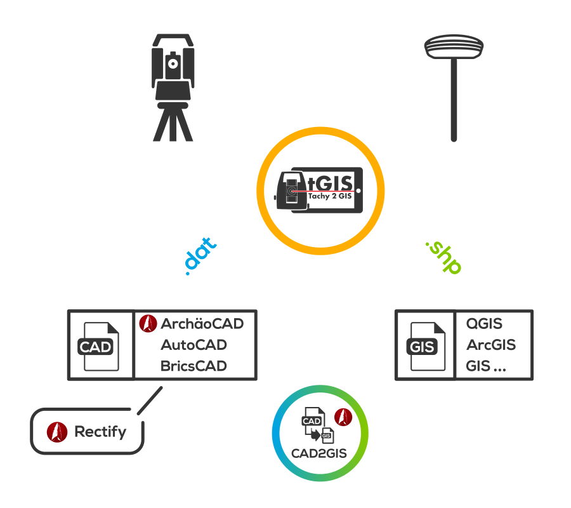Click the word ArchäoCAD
click(x=202, y=324)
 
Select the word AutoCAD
click(x=194, y=345)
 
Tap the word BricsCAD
click(x=194, y=366)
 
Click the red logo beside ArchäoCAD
click(x=148, y=323)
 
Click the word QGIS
click(x=484, y=324)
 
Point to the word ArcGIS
click(x=490, y=345)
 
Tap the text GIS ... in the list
click(x=490, y=366)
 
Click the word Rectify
click(x=100, y=432)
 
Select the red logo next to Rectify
click(x=57, y=432)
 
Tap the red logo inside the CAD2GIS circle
click(x=343, y=417)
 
